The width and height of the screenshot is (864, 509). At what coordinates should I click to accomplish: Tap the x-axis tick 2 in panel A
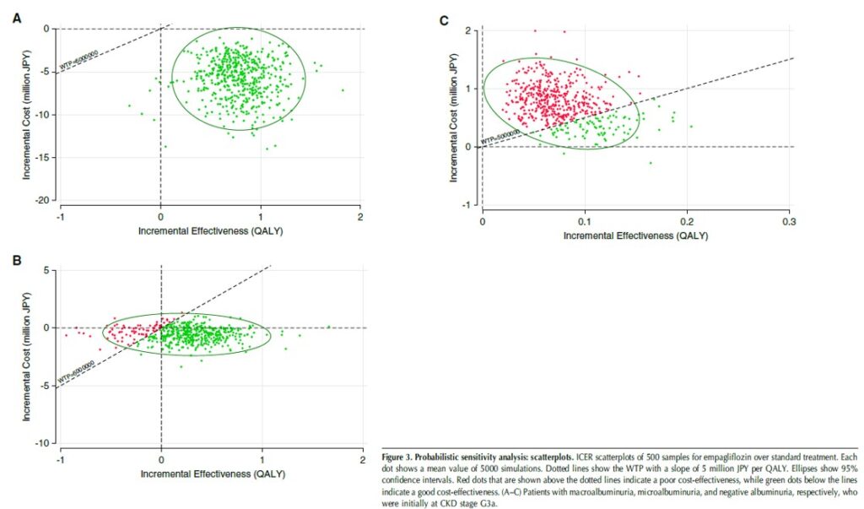(x=360, y=216)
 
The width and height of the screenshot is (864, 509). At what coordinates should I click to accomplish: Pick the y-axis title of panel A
(x=27, y=101)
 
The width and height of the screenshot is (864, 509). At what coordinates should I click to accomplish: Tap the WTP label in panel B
(x=76, y=372)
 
